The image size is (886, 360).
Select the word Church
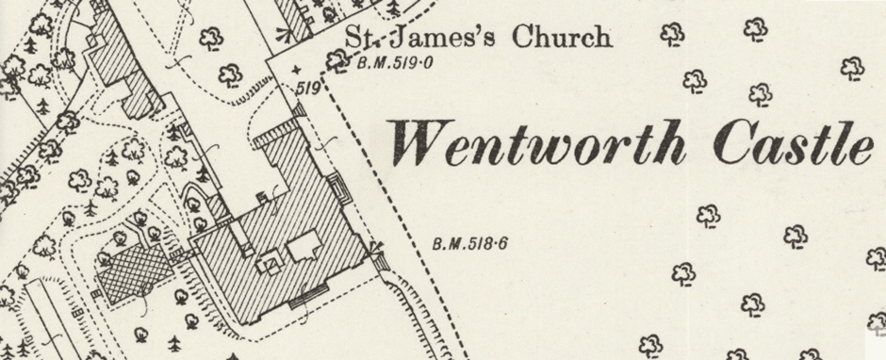click(561, 39)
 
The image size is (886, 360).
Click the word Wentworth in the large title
click(542, 144)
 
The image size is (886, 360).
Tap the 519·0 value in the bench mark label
click(407, 65)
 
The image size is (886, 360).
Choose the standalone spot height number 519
click(309, 89)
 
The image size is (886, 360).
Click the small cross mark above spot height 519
click(298, 71)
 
